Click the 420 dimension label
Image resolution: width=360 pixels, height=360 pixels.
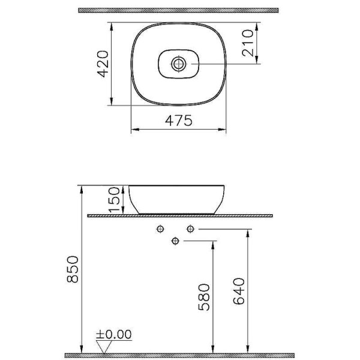(x=103, y=64)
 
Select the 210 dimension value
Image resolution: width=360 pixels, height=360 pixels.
(x=248, y=43)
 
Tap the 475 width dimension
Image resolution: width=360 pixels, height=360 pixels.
(x=179, y=120)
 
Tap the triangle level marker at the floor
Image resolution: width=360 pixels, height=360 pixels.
(x=106, y=346)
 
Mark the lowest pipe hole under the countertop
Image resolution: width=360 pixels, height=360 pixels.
(x=175, y=241)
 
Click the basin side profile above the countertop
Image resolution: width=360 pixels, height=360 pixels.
(x=178, y=199)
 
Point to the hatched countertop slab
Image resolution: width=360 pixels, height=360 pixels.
(x=180, y=215)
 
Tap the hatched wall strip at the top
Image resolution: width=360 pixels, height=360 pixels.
(x=179, y=10)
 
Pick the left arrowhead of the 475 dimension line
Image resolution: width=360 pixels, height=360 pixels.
(x=134, y=129)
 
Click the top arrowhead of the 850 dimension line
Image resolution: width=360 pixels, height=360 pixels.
(x=80, y=188)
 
